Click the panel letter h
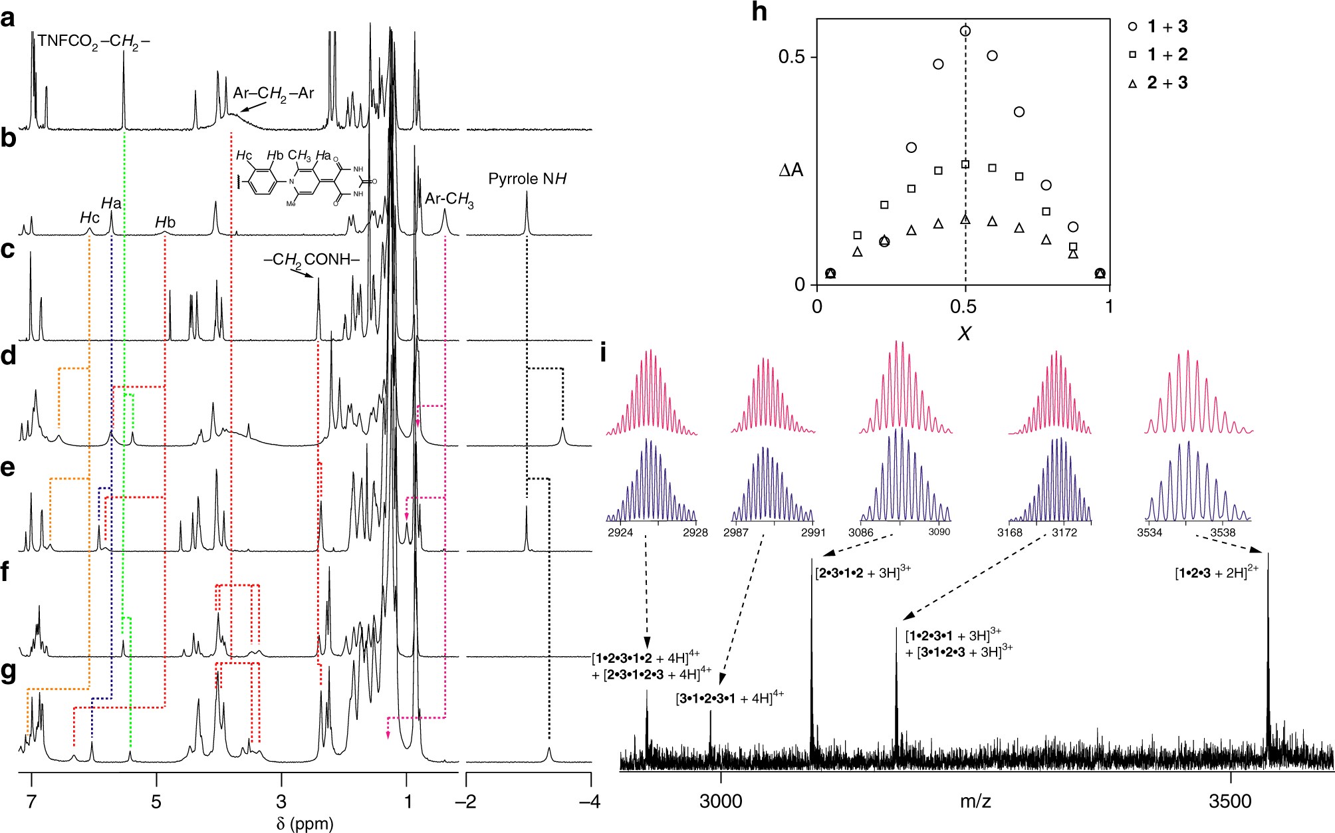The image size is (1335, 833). (759, 13)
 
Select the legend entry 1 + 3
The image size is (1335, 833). (1167, 27)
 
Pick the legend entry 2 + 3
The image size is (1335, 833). (1167, 83)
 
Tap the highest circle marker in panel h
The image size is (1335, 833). (965, 31)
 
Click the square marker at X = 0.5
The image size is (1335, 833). (965, 164)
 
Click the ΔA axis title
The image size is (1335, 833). (791, 171)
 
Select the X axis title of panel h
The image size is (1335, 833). (964, 333)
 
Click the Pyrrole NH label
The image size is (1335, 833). (527, 179)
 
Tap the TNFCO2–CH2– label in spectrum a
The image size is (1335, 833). (93, 41)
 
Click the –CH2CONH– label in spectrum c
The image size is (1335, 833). (311, 259)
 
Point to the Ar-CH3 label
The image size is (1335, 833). (449, 199)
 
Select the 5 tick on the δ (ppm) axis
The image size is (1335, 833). (156, 800)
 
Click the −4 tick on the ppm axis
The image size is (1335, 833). (588, 800)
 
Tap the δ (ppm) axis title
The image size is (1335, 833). (305, 824)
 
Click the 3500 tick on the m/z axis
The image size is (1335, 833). (1230, 800)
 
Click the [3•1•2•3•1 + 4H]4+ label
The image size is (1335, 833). (730, 698)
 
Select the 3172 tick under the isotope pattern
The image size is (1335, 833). (1064, 533)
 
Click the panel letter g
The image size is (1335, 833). (9, 672)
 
